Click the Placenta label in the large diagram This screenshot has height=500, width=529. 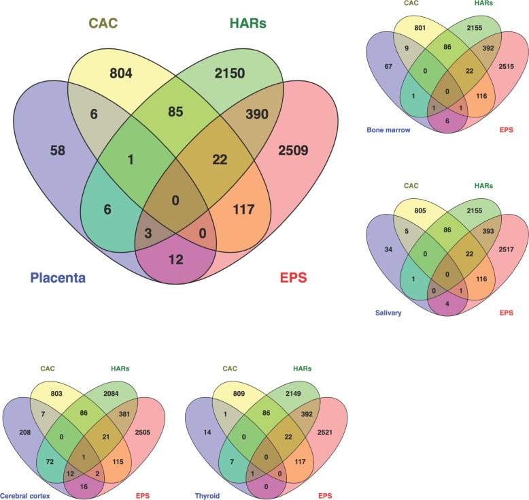tap(62, 278)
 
